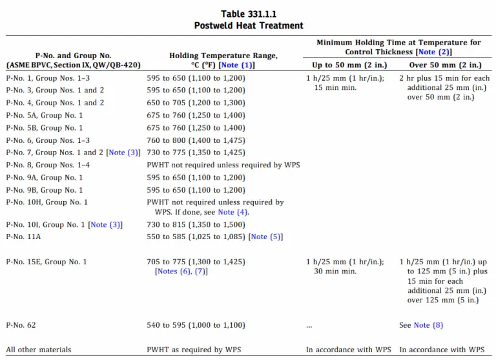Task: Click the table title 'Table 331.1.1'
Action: (249, 14)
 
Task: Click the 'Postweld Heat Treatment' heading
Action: (249, 25)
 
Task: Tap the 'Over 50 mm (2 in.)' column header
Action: (445, 65)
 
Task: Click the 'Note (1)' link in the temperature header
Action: (237, 65)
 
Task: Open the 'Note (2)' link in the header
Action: (434, 52)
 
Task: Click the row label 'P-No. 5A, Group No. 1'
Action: (45, 115)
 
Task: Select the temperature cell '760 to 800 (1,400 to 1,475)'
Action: (196, 140)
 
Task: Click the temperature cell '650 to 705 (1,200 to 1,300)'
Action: (196, 103)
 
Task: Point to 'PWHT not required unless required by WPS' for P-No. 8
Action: (223, 165)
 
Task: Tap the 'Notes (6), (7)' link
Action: (181, 271)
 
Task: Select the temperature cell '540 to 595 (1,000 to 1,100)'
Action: (196, 325)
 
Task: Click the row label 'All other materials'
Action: (39, 350)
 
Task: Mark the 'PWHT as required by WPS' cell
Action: (194, 350)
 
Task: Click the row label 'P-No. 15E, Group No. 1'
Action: (46, 262)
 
